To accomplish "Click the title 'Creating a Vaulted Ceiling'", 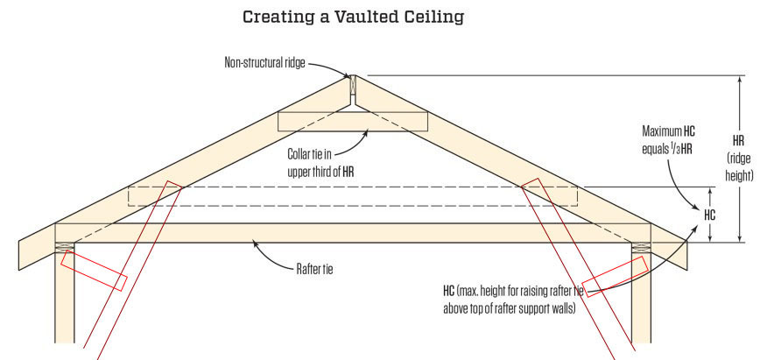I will pos(352,17).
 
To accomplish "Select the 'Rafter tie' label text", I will pos(312,269).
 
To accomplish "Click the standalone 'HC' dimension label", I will pos(710,213).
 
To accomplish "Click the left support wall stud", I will pos(65,298).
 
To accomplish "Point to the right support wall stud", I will pos(641,298).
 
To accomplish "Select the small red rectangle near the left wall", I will pos(95,272).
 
